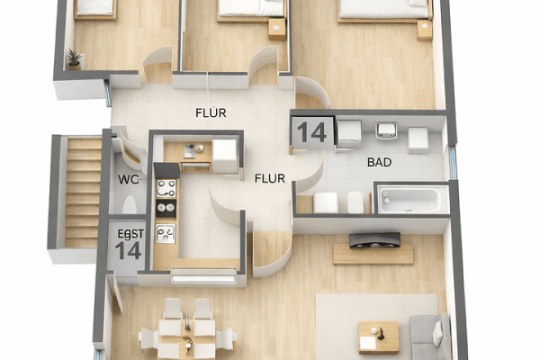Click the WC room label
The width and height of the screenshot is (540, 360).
[127, 178]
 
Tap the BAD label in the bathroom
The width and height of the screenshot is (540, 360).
[380, 163]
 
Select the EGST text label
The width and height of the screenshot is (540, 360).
[130, 233]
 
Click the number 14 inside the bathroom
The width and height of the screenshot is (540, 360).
[311, 132]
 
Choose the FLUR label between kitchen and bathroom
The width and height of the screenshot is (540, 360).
[269, 178]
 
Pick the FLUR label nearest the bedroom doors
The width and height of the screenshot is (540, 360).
[211, 112]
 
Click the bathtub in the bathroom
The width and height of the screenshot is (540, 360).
[411, 199]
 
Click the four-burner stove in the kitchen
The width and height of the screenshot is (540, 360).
[166, 188]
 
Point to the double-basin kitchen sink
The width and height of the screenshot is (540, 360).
[166, 232]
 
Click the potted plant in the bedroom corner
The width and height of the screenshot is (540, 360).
[74, 58]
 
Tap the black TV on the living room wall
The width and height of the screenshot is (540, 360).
[374, 239]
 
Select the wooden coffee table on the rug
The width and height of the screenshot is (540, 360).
[378, 336]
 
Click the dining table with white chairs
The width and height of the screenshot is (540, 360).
[187, 331]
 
